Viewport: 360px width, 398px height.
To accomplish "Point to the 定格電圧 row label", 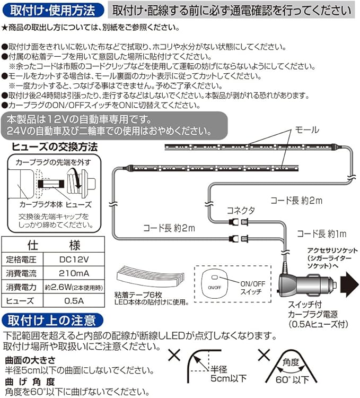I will pos(19,259).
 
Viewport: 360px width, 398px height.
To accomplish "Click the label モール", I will pos(306,129).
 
